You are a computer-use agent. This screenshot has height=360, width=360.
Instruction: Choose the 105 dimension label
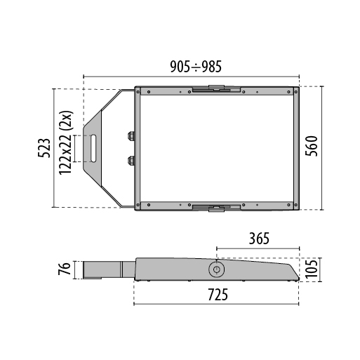pyautogui.click(x=314, y=269)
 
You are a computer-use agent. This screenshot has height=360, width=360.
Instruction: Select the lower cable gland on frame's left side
pyautogui.click(x=131, y=160)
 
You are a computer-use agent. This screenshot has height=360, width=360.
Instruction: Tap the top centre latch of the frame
pyautogui.click(x=217, y=89)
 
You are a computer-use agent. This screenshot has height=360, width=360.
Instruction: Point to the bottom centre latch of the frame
pyautogui.click(x=217, y=206)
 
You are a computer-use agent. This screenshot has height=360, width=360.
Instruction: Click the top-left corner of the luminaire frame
pyautogui.click(x=138, y=91)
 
